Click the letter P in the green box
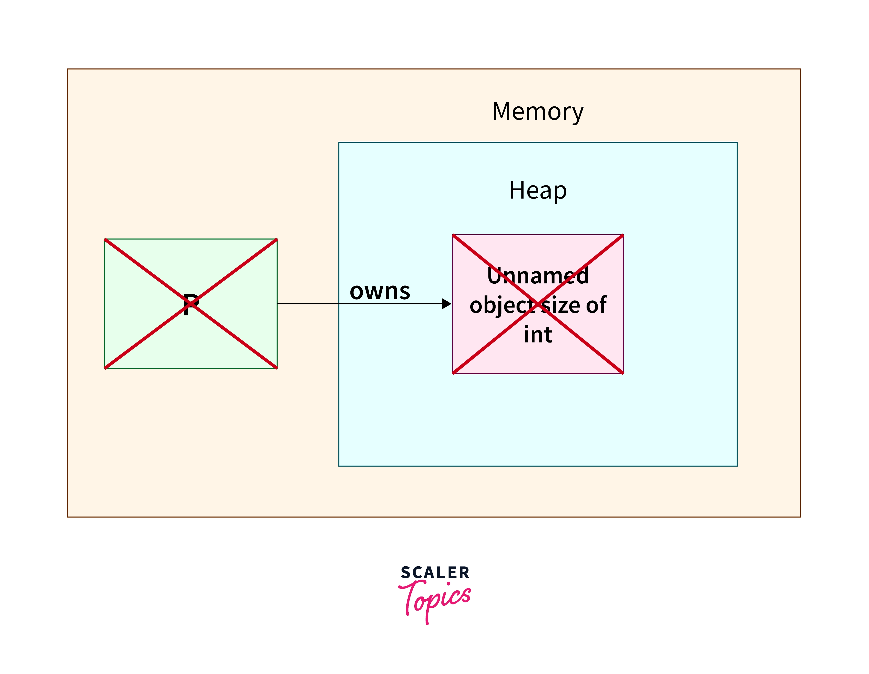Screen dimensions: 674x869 click(191, 304)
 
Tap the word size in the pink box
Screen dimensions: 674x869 click(561, 305)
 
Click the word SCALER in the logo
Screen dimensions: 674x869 click(435, 572)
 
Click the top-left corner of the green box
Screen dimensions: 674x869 click(105, 239)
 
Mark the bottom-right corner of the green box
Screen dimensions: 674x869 click(277, 368)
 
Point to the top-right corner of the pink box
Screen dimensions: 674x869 click(623, 235)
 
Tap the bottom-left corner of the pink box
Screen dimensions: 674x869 click(453, 373)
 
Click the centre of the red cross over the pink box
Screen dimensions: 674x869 click(538, 304)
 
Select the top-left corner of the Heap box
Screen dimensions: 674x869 click(339, 142)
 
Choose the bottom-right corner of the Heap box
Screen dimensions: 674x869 click(737, 466)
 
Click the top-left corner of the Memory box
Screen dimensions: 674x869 click(67, 69)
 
